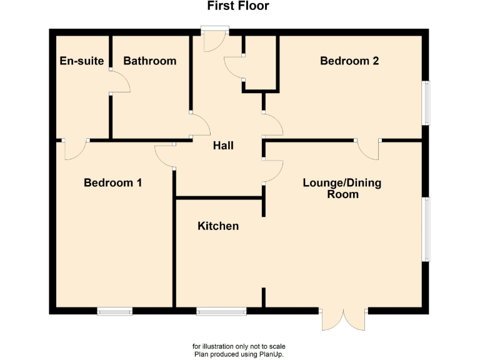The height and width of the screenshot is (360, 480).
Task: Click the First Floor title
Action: [238, 6]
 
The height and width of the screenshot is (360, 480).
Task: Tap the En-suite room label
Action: [82, 61]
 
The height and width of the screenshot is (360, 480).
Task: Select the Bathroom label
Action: [149, 61]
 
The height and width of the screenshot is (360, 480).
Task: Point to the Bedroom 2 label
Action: [349, 61]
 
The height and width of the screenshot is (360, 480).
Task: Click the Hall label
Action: [223, 146]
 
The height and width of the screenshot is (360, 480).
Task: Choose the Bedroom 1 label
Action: [112, 183]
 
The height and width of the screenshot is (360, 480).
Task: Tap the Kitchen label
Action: [218, 226]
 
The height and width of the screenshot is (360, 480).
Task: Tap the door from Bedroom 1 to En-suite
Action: [75, 149]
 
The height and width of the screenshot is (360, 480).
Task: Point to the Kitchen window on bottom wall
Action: [221, 311]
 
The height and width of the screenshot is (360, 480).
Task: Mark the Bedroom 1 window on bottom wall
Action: [114, 311]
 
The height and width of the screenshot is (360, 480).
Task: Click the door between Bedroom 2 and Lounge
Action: [368, 149]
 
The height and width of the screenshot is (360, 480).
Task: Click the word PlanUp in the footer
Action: [271, 354]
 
